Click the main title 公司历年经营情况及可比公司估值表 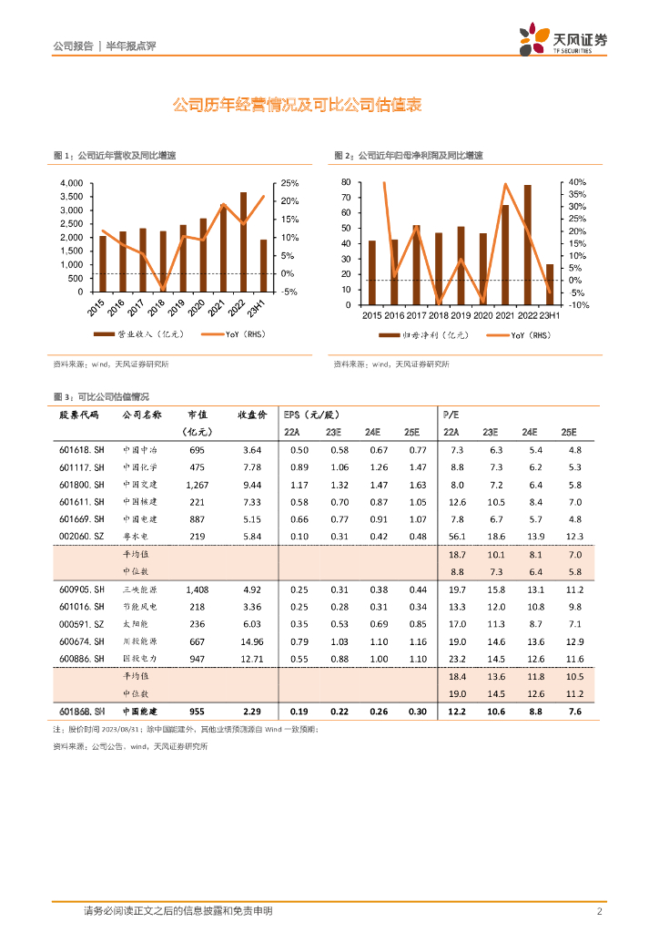tap(297, 106)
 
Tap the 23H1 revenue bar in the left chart tap(264, 265)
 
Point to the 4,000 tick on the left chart tap(71, 183)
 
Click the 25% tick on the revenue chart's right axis tap(289, 183)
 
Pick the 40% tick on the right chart tap(577, 182)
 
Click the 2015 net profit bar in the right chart tap(371, 272)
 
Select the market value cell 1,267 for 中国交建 tap(196, 485)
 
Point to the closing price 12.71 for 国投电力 tap(251, 658)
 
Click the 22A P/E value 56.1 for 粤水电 tap(457, 537)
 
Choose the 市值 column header tap(197, 415)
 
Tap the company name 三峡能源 tap(140, 589)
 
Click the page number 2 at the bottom tap(599, 911)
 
